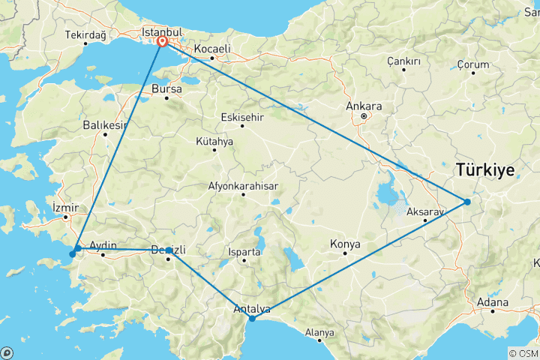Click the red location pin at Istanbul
click(162, 43)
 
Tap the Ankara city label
click(364, 106)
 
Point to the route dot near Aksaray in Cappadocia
click(466, 202)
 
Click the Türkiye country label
click(484, 171)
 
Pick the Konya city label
click(345, 244)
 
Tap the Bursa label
click(167, 88)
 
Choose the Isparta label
click(245, 252)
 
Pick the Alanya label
click(319, 332)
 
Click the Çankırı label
click(403, 61)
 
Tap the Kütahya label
click(214, 141)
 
